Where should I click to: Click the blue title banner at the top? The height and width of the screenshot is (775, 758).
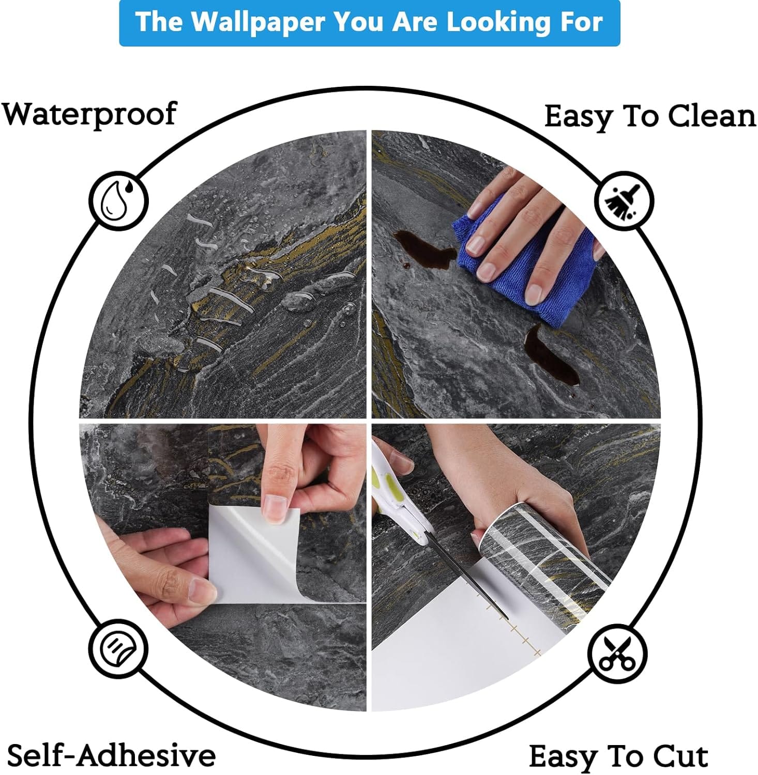[x=369, y=23]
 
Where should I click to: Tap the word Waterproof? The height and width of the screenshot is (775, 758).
[x=89, y=115]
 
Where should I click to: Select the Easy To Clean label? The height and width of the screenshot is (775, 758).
[x=650, y=117]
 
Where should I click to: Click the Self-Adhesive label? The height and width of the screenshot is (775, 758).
[x=111, y=755]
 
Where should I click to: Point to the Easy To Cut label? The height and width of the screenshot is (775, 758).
[x=618, y=757]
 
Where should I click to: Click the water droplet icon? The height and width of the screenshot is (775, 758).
[x=118, y=200]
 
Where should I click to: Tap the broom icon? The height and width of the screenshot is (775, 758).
[x=623, y=200]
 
